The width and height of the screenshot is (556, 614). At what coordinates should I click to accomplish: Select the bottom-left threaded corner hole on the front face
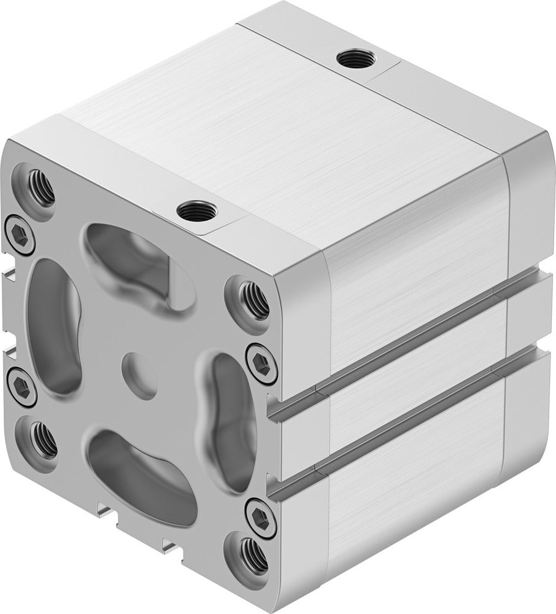(42, 438)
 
